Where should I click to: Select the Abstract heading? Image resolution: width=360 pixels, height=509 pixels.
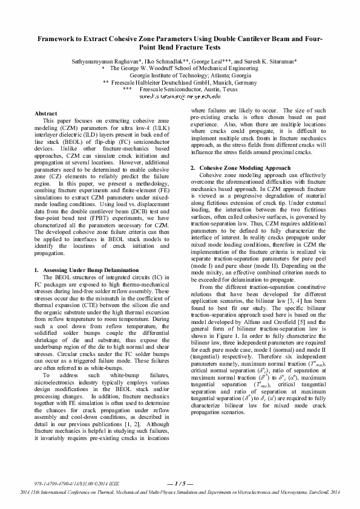46,114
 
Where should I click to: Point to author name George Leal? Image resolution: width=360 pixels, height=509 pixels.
212,62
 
